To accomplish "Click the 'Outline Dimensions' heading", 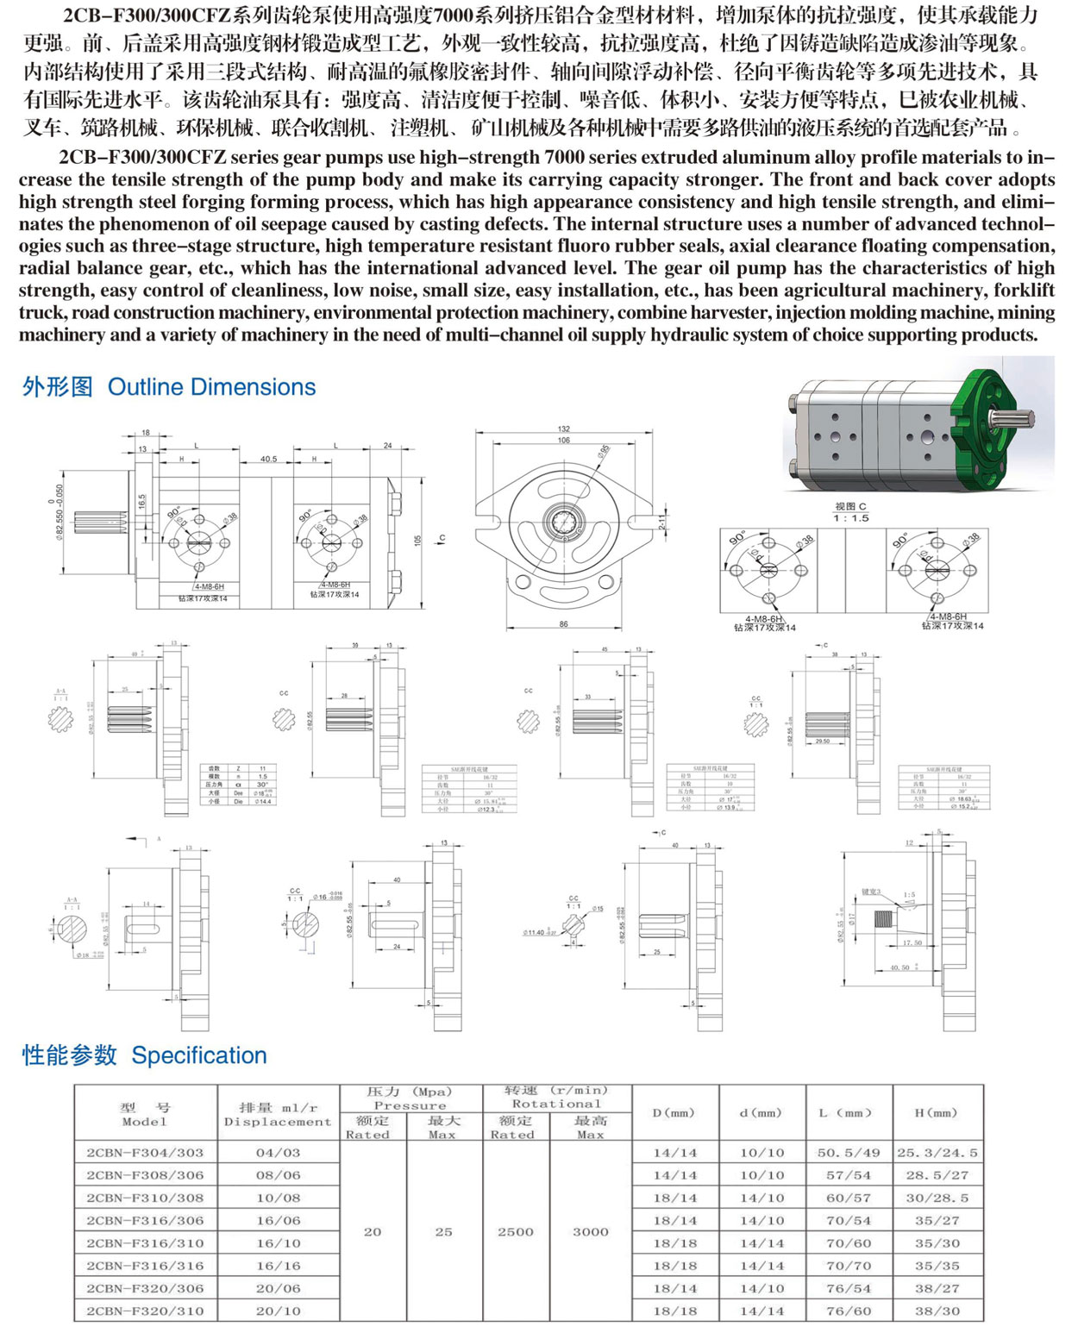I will coord(211,387).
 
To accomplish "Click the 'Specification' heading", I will coord(198,1055).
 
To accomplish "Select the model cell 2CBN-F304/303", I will coord(145,1152).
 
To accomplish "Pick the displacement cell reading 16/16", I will coord(278,1266).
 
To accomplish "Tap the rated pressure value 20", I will coord(373,1231).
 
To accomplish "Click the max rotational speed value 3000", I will coord(591,1231).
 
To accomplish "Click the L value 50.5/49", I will coord(849,1152).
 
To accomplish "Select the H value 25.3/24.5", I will coord(937,1152).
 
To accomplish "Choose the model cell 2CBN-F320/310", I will coord(145,1311).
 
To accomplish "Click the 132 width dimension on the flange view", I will coord(563,429).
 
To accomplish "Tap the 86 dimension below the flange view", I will coord(563,623).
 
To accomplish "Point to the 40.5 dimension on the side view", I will coord(268,459).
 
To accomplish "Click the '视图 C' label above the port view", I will coord(850,506).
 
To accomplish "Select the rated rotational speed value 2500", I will coord(515,1231).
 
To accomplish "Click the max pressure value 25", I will coord(443,1231).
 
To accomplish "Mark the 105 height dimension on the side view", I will coord(417,540).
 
